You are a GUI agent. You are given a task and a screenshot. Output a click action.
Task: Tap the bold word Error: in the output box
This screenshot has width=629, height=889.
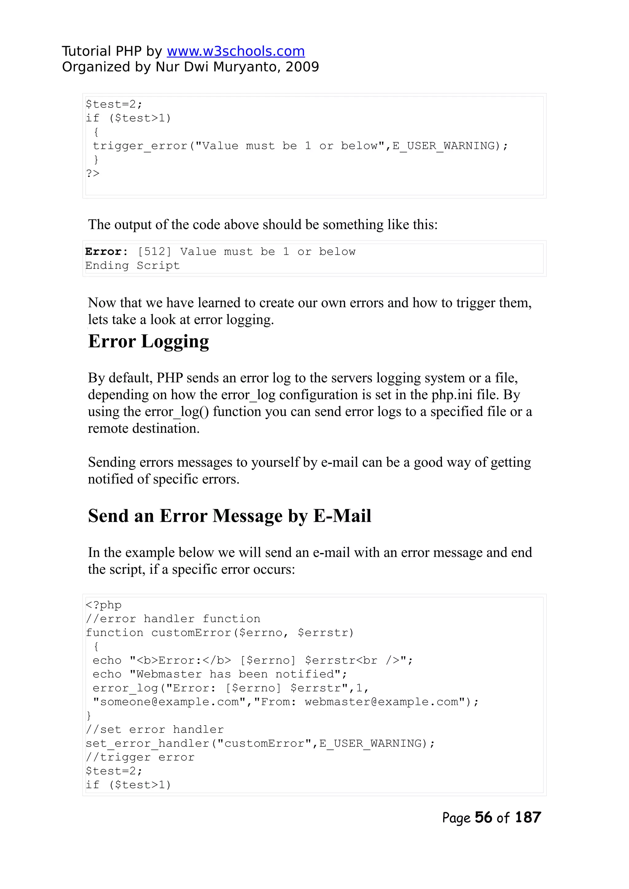pyautogui.click(x=106, y=252)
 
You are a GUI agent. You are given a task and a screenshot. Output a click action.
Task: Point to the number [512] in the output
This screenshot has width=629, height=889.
pyautogui.click(x=154, y=252)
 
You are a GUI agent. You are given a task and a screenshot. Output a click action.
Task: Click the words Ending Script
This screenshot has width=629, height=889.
pyautogui.click(x=132, y=266)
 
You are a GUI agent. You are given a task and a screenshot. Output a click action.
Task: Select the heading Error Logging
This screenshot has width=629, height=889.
pyautogui.click(x=148, y=341)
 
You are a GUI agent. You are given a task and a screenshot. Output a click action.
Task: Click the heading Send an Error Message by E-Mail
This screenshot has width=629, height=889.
pyautogui.click(x=229, y=516)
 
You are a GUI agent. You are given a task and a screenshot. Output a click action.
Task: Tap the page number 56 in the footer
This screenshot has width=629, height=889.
pyautogui.click(x=483, y=817)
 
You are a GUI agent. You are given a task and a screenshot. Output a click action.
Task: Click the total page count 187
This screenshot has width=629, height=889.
pyautogui.click(x=528, y=817)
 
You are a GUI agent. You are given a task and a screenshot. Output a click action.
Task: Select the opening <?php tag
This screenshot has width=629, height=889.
pyautogui.click(x=104, y=605)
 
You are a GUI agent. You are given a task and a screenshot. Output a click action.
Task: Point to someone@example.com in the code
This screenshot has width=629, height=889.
pyautogui.click(x=170, y=702)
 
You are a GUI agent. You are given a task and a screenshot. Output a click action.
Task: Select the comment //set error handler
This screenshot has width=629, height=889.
pyautogui.click(x=154, y=730)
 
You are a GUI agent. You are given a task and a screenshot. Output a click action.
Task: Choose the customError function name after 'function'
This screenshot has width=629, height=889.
pyautogui.click(x=191, y=633)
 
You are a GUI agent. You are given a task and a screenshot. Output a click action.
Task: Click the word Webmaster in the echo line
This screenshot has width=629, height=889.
pyautogui.click(x=169, y=674)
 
